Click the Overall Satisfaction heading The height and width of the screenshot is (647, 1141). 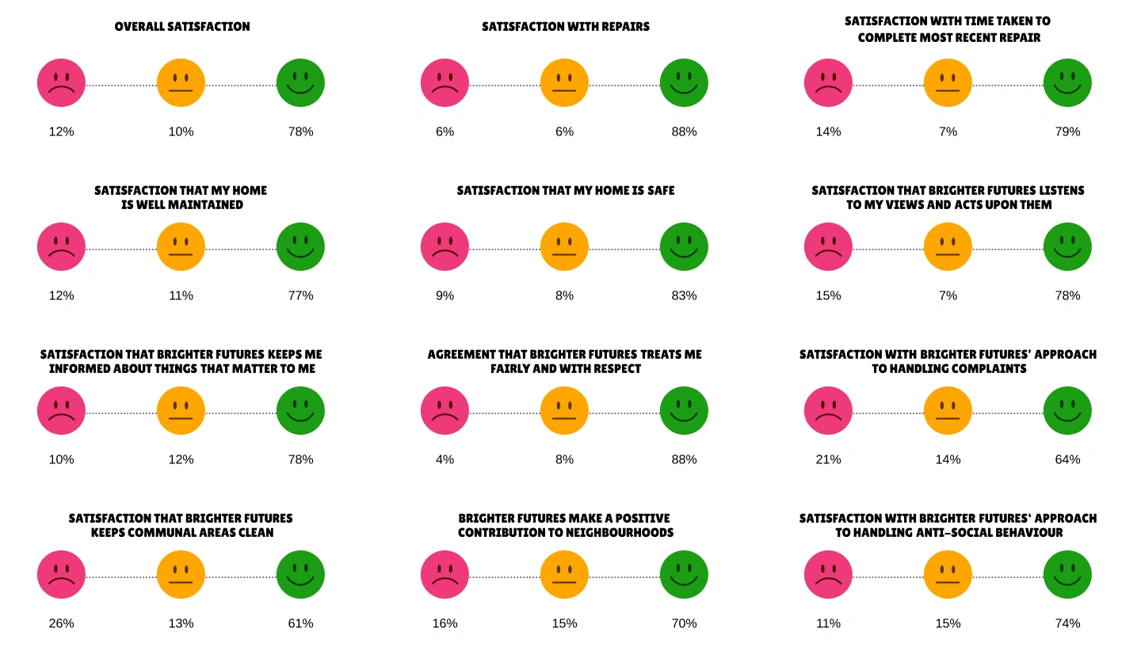pyautogui.click(x=182, y=26)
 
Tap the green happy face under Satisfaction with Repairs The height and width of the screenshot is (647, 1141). pyautogui.click(x=684, y=82)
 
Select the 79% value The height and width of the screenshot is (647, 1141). pyautogui.click(x=1067, y=131)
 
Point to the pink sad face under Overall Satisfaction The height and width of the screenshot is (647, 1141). pyautogui.click(x=61, y=82)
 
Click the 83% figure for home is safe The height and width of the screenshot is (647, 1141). pyautogui.click(x=684, y=295)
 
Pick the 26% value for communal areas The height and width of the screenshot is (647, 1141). pyautogui.click(x=61, y=623)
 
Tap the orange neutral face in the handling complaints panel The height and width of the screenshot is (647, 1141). pyautogui.click(x=948, y=410)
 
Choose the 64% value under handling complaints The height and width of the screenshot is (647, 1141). pyautogui.click(x=1067, y=459)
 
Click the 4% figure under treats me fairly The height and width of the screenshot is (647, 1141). pyautogui.click(x=445, y=459)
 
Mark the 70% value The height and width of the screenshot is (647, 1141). pyautogui.click(x=684, y=623)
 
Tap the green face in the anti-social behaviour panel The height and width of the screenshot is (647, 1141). pyautogui.click(x=1067, y=574)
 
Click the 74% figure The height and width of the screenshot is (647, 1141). pyautogui.click(x=1067, y=623)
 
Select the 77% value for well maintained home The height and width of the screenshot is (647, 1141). pyautogui.click(x=300, y=295)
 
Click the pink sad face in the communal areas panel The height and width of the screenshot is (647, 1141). pyautogui.click(x=61, y=574)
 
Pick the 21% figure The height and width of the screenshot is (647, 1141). pyautogui.click(x=828, y=459)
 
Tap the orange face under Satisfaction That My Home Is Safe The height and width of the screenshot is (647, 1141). pyautogui.click(x=564, y=246)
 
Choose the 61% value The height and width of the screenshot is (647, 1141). pyautogui.click(x=300, y=623)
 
